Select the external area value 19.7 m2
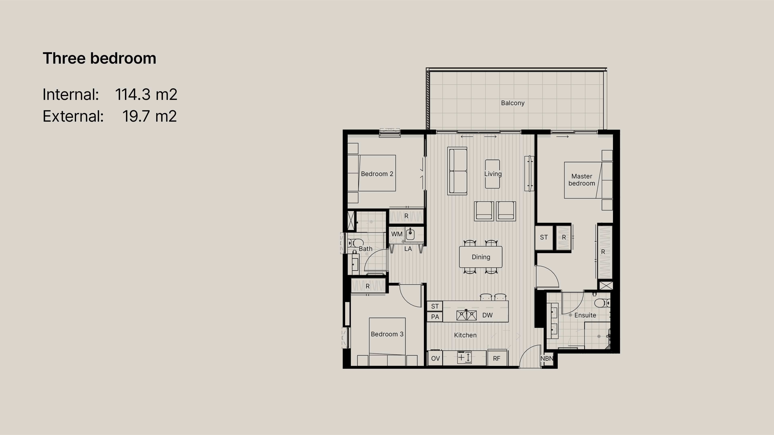tap(149, 116)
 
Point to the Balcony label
tap(513, 103)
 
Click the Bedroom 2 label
tap(377, 174)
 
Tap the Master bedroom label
tap(582, 180)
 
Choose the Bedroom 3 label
tap(387, 334)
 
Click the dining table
tap(481, 257)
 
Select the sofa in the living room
tap(457, 171)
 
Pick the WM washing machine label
tap(397, 234)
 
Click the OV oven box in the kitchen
tap(435, 358)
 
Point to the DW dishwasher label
tap(487, 315)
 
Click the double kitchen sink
tap(467, 315)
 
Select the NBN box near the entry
tap(547, 359)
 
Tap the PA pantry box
tap(435, 317)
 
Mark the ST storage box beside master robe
tap(544, 237)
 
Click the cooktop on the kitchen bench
tap(464, 357)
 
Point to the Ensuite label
tap(585, 315)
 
